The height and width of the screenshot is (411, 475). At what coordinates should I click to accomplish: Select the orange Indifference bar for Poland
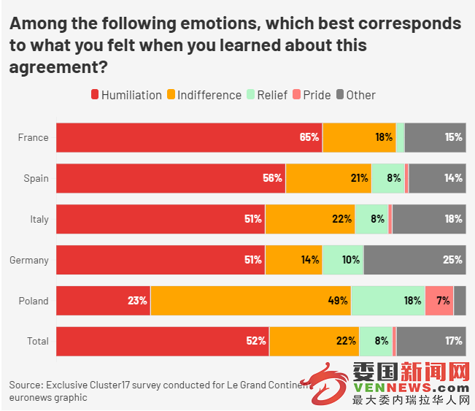point(250,300)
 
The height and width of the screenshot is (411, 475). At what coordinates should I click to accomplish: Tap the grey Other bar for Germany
point(414,259)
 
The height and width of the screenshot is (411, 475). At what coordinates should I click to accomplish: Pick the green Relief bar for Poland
point(387,300)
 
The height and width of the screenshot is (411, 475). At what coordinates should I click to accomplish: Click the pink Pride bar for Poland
point(439,300)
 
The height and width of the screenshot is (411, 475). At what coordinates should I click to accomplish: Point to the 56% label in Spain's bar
point(273,178)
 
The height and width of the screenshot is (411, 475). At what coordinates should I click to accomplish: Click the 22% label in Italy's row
point(341,219)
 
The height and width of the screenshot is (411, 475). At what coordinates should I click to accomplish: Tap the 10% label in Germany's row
point(350,260)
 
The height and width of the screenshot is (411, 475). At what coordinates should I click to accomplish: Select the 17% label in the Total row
point(453,341)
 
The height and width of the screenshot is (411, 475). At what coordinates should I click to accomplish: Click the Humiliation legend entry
point(126,95)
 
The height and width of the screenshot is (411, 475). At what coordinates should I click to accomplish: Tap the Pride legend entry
point(312,95)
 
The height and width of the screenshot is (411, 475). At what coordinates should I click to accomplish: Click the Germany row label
point(28,260)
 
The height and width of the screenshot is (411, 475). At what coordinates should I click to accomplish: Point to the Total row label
point(37,341)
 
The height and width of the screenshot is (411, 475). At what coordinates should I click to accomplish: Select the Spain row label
point(36,178)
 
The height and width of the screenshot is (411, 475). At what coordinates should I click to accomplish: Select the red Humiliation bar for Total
point(162,341)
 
